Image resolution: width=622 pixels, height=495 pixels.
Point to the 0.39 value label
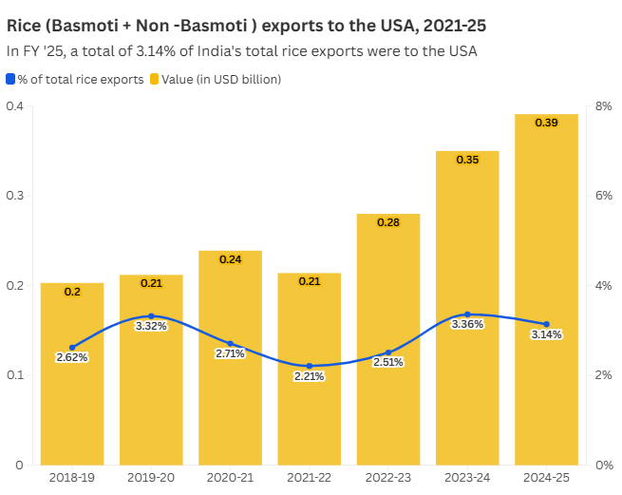[x=546, y=124]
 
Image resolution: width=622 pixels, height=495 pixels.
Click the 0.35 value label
[x=467, y=160]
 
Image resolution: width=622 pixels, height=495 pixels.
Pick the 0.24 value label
[x=230, y=259]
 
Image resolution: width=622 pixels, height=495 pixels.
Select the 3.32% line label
[x=151, y=326]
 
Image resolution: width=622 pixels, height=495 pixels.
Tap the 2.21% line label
[x=309, y=376]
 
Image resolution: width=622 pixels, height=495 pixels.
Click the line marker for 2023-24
[x=467, y=314]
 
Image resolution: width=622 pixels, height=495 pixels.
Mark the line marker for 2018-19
[x=72, y=348]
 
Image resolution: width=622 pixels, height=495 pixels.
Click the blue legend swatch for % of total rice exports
[x=10, y=80]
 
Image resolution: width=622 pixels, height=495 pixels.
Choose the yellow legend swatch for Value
[x=154, y=80]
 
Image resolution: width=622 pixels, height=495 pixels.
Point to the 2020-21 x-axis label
[x=230, y=478]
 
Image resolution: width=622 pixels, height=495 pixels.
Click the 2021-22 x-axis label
[x=309, y=478]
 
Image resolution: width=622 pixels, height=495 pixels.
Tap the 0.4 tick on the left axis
[x=15, y=106]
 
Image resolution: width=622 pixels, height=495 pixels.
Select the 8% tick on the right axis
[x=603, y=106]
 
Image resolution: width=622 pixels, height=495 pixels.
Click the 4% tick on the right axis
[x=603, y=286]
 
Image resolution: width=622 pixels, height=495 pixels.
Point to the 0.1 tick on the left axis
[x=15, y=375]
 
